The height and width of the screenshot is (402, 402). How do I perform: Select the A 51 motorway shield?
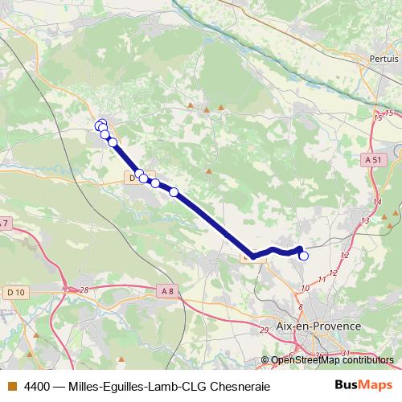coord(372,160)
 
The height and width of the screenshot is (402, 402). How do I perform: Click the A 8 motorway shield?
coord(166,290)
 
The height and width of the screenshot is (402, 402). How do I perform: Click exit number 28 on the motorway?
coord(84,289)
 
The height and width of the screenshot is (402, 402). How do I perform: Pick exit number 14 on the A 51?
coord(377,203)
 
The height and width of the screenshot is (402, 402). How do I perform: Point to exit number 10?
coord(306,287)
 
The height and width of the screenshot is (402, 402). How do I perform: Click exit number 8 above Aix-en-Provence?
coord(301,306)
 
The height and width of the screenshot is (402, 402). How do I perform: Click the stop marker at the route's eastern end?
coord(304,256)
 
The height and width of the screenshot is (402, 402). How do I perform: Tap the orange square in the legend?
coord(11,386)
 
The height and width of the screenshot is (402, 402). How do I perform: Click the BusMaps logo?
coord(363,385)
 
